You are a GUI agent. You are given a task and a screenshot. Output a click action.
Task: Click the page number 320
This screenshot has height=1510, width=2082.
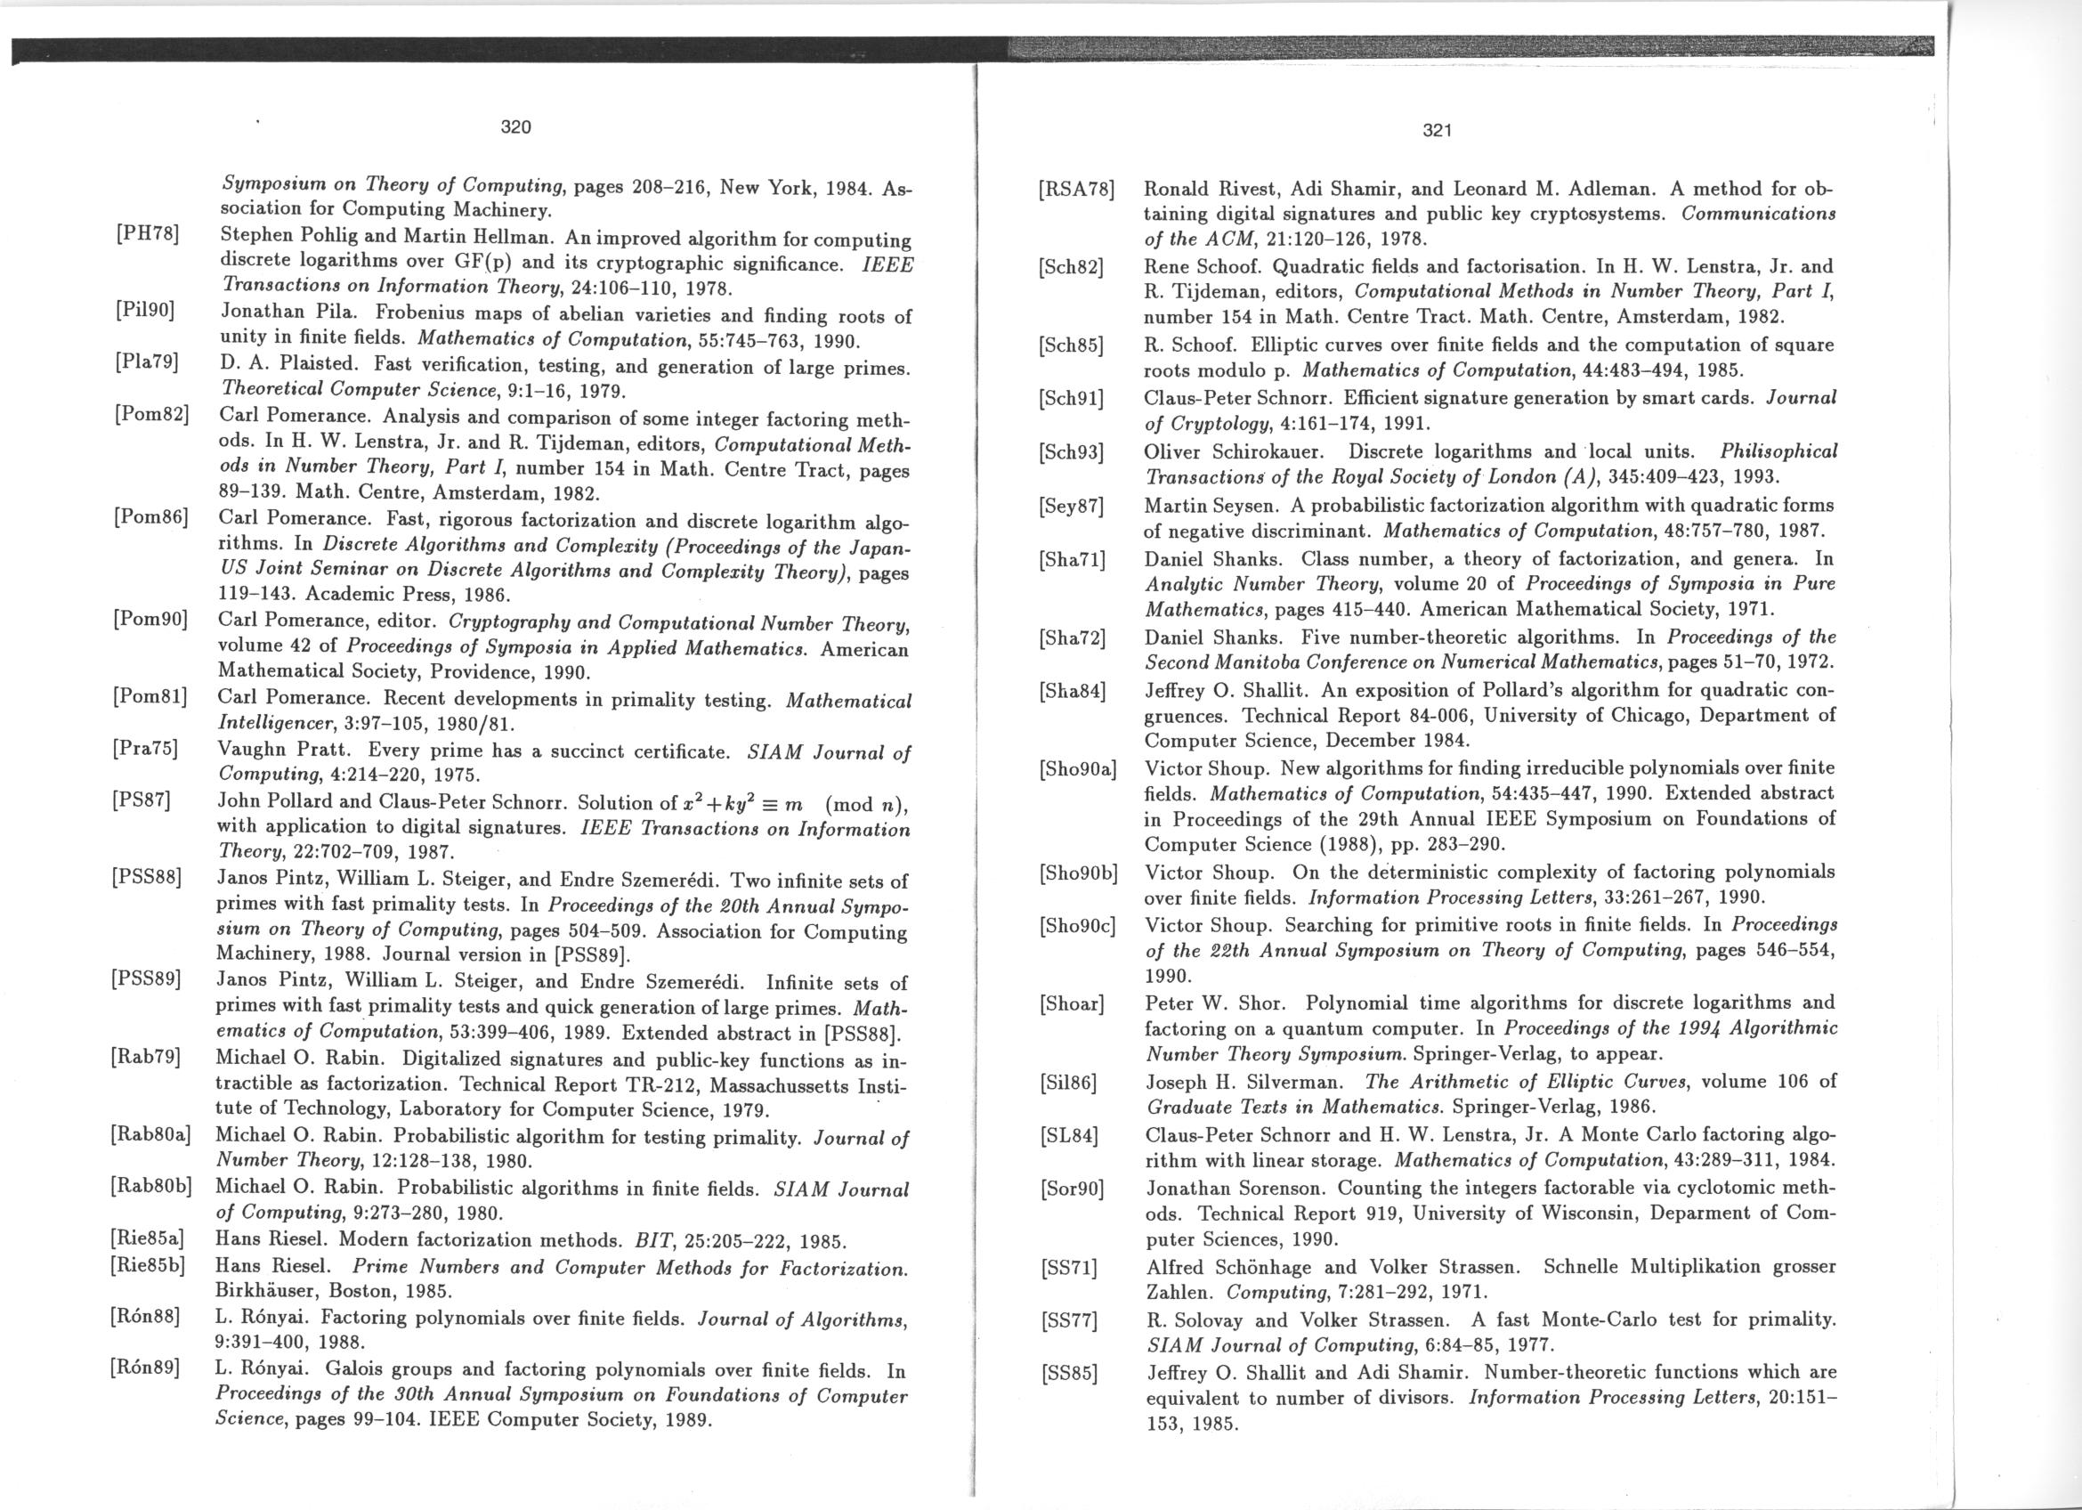(x=516, y=127)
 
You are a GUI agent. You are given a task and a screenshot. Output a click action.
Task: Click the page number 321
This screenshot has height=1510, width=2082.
(x=1436, y=131)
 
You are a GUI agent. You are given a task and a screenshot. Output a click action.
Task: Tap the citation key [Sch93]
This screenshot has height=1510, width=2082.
(x=1071, y=451)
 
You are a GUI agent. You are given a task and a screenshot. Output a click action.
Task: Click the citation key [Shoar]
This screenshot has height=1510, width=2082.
(x=1072, y=1003)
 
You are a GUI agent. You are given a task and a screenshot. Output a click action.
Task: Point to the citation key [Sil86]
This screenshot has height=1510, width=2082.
(x=1068, y=1083)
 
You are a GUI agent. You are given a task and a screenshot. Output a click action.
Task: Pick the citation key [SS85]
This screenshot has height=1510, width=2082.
(x=1068, y=1374)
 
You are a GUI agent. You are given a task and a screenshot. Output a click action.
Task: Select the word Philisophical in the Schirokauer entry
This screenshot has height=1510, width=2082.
(x=1778, y=451)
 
